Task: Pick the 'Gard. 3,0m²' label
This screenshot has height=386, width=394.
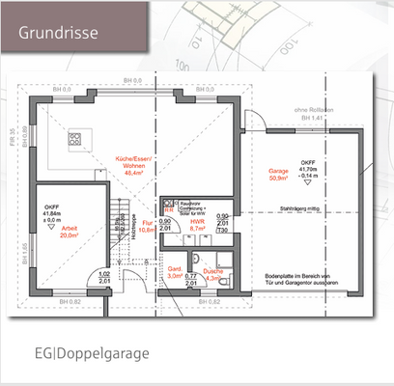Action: (176, 273)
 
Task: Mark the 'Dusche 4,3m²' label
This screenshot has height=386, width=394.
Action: (215, 277)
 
